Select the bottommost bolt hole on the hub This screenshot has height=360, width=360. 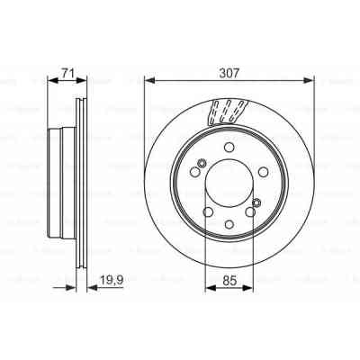229,223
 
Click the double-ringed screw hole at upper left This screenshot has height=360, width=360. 201,163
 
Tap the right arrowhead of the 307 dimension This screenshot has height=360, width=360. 310,78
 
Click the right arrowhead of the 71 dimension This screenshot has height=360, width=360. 83,78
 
